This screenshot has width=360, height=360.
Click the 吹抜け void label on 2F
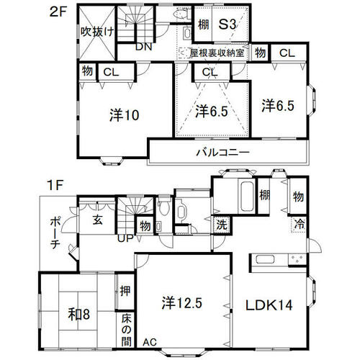[x=97, y=32]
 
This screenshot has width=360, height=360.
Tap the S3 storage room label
[x=228, y=24]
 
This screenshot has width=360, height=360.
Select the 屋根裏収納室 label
[x=217, y=53]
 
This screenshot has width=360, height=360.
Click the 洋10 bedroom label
[x=125, y=115]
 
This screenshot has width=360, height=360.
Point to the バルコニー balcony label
[x=223, y=152]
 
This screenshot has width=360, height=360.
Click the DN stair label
[x=144, y=47]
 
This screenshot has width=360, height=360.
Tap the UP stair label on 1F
[x=125, y=238]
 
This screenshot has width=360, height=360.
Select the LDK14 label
[x=269, y=305]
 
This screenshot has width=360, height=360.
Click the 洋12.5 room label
[x=181, y=302]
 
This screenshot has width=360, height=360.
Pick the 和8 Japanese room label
[x=79, y=314]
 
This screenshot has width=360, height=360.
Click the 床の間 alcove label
[x=126, y=330]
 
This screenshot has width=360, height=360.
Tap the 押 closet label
[x=125, y=291]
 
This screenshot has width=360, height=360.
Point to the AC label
[x=150, y=342]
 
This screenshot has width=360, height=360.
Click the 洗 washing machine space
[x=222, y=225]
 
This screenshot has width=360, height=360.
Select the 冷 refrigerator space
[x=300, y=225]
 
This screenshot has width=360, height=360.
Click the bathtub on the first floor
[x=247, y=197]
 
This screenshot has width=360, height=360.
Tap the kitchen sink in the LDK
[x=266, y=260]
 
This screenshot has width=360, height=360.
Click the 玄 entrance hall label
[x=98, y=220]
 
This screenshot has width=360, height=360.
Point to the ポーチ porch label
[x=55, y=233]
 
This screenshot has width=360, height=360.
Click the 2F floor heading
[x=58, y=12]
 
